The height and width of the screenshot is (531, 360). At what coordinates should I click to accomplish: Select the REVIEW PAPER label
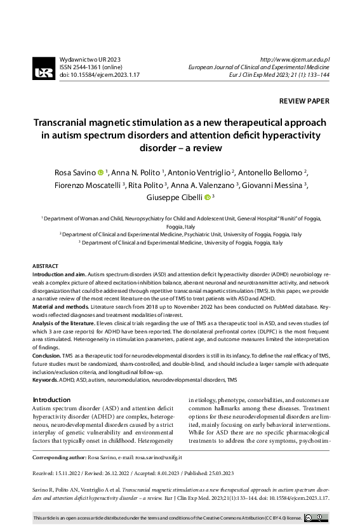click(x=304, y=101)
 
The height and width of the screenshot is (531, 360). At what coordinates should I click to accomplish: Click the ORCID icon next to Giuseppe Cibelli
click(x=207, y=198)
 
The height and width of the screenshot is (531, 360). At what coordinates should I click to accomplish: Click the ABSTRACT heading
click(x=45, y=265)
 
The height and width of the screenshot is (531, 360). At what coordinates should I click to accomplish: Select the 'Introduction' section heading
click(x=52, y=400)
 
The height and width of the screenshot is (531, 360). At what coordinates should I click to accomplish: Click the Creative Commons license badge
click(x=315, y=518)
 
